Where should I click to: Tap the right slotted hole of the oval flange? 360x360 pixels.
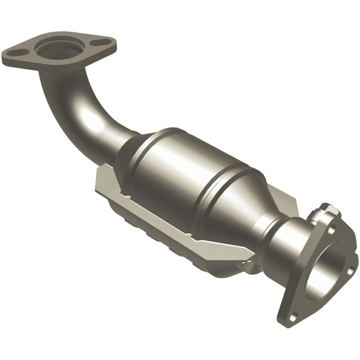[x=103, y=43]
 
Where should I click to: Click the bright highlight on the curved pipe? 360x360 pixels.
[x=93, y=123]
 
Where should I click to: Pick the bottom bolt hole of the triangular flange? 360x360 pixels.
[x=292, y=315]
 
